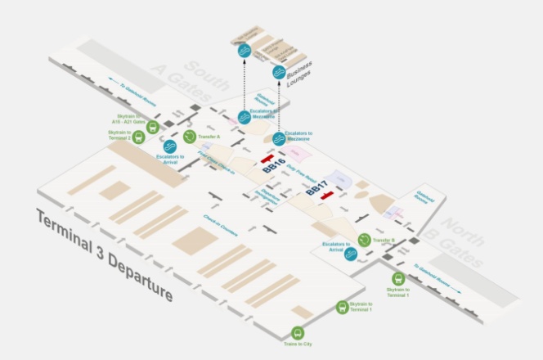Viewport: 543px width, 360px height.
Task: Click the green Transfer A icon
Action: [191, 137]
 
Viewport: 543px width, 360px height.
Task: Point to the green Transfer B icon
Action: [365, 240]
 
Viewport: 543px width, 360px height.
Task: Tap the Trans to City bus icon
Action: [298, 333]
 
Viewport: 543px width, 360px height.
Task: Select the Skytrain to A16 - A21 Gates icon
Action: [152, 124]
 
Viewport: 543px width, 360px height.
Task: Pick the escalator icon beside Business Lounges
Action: [279, 73]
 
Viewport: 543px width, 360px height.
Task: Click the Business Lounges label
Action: [304, 79]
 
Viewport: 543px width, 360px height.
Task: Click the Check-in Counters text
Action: [221, 226]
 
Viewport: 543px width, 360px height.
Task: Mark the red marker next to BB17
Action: [327, 196]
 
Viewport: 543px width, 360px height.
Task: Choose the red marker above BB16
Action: [267, 157]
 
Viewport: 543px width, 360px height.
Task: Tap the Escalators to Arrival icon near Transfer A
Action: [170, 146]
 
